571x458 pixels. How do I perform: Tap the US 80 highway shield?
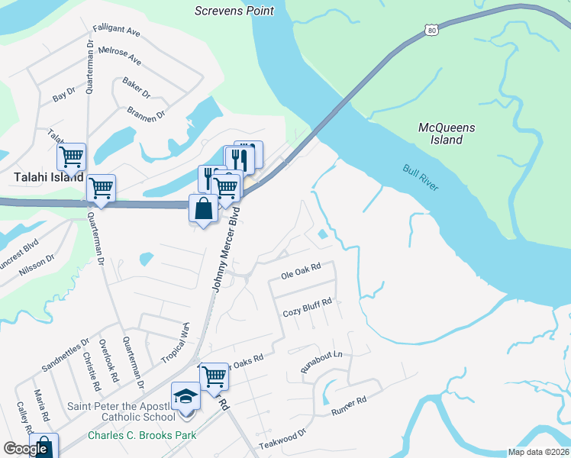pyautogui.click(x=431, y=30)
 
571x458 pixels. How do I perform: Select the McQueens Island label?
pyautogui.click(x=447, y=134)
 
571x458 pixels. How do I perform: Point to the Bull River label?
pyautogui.click(x=421, y=177)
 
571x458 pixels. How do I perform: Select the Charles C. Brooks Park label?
pyautogui.click(x=141, y=435)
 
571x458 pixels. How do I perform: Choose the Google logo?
pyautogui.click(x=25, y=449)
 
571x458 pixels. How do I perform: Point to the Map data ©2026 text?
pyautogui.click(x=538, y=452)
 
